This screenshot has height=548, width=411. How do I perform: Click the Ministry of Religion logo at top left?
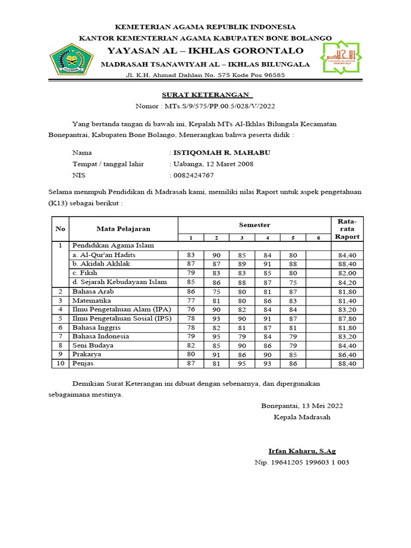click(71, 59)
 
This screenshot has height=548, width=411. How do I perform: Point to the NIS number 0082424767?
click(193, 175)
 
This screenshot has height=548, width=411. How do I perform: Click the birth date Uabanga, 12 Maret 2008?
click(213, 164)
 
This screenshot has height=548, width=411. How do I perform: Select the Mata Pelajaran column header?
click(124, 229)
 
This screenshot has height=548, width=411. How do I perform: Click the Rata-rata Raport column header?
click(347, 229)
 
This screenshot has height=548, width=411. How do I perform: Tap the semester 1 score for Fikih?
click(191, 273)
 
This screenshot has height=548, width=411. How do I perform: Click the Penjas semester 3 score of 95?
click(242, 364)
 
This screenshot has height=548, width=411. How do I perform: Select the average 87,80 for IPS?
click(347, 318)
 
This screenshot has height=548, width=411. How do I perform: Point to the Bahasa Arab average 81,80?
click(347, 292)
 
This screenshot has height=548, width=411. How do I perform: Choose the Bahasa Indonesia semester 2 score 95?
click(216, 337)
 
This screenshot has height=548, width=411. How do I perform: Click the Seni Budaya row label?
click(94, 346)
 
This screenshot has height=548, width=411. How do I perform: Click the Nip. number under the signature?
click(302, 462)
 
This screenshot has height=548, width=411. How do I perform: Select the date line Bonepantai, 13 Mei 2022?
click(302, 406)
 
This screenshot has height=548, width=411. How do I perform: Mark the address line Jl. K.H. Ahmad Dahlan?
click(205, 75)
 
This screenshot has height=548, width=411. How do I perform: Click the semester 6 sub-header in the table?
click(318, 237)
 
